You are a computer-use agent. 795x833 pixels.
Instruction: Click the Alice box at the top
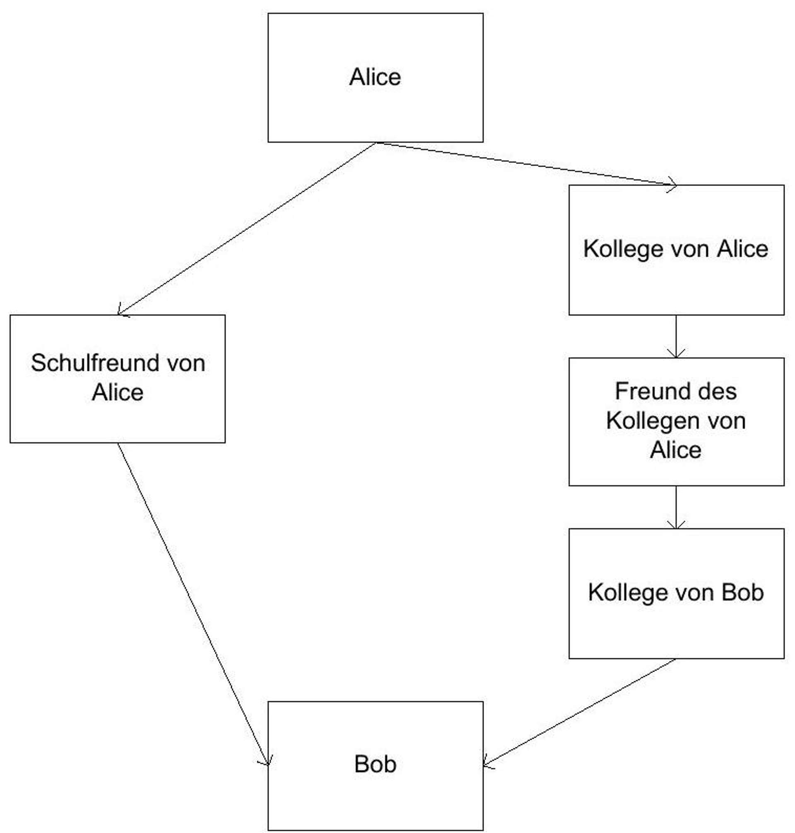pos(375,77)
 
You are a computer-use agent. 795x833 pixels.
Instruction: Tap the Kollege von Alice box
pos(676,250)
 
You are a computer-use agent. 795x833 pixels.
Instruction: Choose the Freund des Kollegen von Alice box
pos(676,421)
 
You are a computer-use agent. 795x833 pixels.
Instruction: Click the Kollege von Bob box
pos(676,593)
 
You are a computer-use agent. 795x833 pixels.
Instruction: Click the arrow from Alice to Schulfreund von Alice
pos(246,229)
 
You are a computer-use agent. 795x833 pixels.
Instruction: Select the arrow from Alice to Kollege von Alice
pos(525,164)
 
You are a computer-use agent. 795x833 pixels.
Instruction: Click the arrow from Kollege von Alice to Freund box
pos(676,337)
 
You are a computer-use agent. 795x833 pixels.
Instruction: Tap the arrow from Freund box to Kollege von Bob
pos(676,507)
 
